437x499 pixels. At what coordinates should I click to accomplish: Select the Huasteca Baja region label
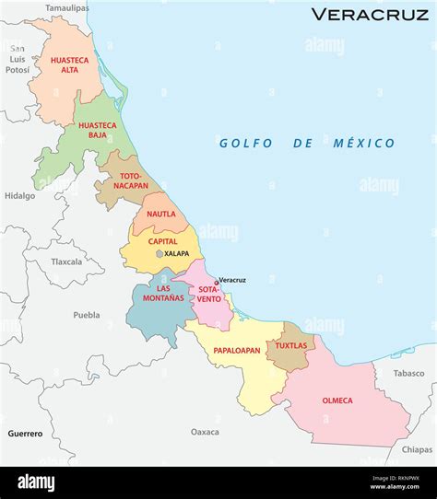[x=97, y=130]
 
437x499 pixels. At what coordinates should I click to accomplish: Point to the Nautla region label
[x=160, y=214]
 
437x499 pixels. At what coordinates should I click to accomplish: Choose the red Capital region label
[x=163, y=241]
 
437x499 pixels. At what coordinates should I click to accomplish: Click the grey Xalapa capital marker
[x=160, y=253]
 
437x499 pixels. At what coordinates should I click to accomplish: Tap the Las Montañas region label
[x=156, y=294]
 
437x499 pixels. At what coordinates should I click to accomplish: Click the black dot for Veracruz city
[x=216, y=283]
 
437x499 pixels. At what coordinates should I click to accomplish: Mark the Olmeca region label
[x=337, y=400]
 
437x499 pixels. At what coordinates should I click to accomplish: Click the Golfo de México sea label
[x=306, y=143]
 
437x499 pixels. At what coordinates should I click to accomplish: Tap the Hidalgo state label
[x=19, y=196]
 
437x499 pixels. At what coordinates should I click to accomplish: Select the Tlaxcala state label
[x=66, y=261]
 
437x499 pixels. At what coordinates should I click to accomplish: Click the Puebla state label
[x=86, y=315]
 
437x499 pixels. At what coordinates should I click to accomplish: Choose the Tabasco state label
[x=408, y=373]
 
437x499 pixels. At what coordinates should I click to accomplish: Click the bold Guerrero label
[x=25, y=433]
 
